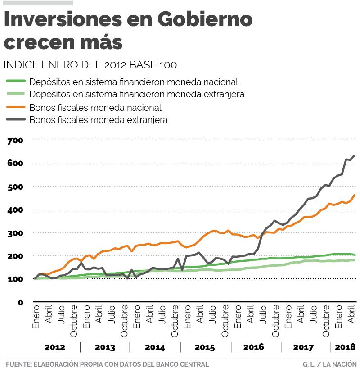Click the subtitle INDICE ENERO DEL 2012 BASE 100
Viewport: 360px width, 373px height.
click(x=90, y=65)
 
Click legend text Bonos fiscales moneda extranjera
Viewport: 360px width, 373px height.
click(x=98, y=120)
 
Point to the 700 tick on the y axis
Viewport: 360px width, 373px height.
click(x=15, y=141)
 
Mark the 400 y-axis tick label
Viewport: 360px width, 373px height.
click(x=15, y=210)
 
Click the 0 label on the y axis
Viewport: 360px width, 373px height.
click(x=20, y=302)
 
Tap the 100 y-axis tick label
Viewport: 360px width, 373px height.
click(x=15, y=279)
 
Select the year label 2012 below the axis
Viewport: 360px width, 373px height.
click(x=55, y=348)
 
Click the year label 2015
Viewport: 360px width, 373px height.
click(x=204, y=348)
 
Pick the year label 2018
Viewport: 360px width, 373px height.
click(x=345, y=347)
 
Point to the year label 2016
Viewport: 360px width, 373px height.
click(x=253, y=348)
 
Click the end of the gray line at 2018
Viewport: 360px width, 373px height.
click(x=355, y=155)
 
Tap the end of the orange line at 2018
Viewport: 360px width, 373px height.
click(x=355, y=195)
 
